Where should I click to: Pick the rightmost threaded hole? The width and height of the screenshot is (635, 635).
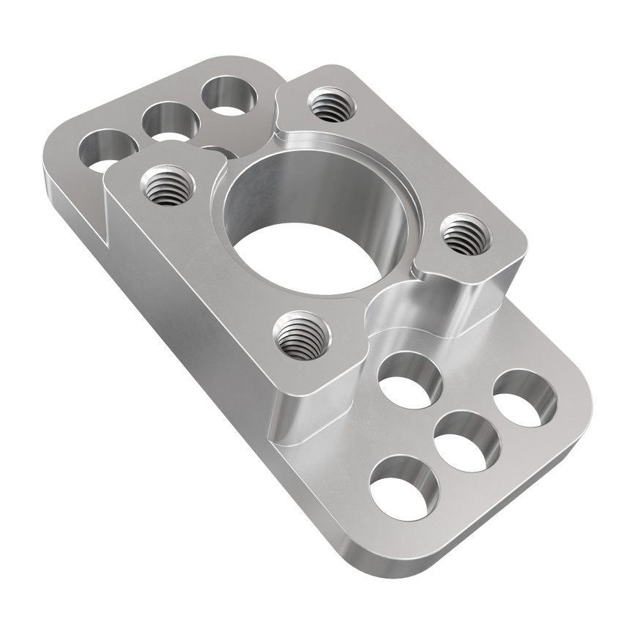[466, 234]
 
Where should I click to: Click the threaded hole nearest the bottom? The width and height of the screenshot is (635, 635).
[301, 335]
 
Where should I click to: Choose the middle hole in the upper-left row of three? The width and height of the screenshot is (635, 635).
[171, 122]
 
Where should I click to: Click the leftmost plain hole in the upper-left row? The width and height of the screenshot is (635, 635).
[107, 150]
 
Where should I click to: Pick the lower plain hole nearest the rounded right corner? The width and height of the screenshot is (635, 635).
[524, 398]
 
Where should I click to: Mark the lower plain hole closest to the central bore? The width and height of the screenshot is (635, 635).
[409, 379]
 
